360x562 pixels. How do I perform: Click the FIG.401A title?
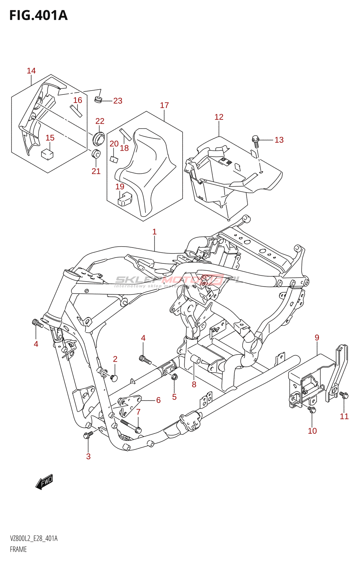pyautogui.click(x=38, y=15)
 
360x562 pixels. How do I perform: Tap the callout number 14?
pyautogui.click(x=31, y=71)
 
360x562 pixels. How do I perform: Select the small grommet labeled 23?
pyautogui.click(x=98, y=100)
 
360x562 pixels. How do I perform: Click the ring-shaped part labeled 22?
pyautogui.click(x=99, y=138)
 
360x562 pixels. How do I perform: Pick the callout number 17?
pyautogui.click(x=164, y=105)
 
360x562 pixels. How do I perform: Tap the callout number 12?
pyautogui.click(x=219, y=117)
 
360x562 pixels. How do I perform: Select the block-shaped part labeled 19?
pyautogui.click(x=124, y=199)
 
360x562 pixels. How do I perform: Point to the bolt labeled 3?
pyautogui.click(x=87, y=435)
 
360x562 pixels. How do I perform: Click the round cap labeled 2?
pyautogui.click(x=114, y=378)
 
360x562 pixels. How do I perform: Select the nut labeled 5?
pyautogui.click(x=174, y=377)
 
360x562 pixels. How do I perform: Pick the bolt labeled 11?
pyautogui.click(x=345, y=396)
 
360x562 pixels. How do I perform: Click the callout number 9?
pyautogui.click(x=317, y=338)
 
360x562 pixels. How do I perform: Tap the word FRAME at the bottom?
pyautogui.click(x=18, y=549)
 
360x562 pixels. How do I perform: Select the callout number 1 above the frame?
pyautogui.click(x=154, y=232)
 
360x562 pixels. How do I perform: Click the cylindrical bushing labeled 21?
pyautogui.click(x=96, y=154)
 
